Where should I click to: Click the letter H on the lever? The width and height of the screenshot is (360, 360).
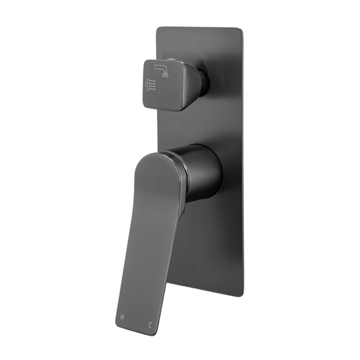(x=122, y=317)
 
